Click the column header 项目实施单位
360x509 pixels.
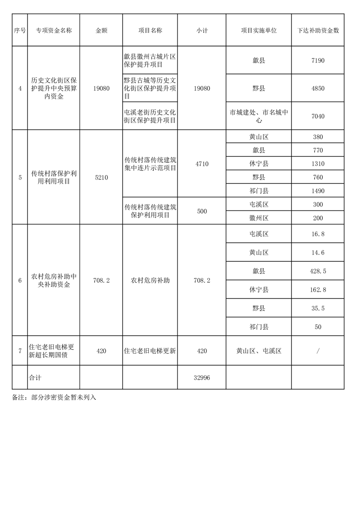point(259,30)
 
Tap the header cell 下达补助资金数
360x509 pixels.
point(318,30)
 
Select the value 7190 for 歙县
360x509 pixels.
point(318,60)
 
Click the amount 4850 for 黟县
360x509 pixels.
point(318,88)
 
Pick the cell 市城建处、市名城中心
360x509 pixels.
point(259,116)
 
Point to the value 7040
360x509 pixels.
point(318,116)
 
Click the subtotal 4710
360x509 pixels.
point(202,164)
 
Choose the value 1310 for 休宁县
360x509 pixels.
point(318,164)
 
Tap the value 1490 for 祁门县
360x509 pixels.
point(318,191)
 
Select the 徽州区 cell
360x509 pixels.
point(259,218)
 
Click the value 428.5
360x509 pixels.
point(318,271)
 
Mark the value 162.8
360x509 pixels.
point(318,289)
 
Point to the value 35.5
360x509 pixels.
point(318,308)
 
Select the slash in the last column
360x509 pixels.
point(318,351)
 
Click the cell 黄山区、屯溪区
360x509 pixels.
point(259,351)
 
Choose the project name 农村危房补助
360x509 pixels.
point(150,280)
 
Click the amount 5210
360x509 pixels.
point(101,177)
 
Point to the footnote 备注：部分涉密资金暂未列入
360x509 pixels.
point(54,397)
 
